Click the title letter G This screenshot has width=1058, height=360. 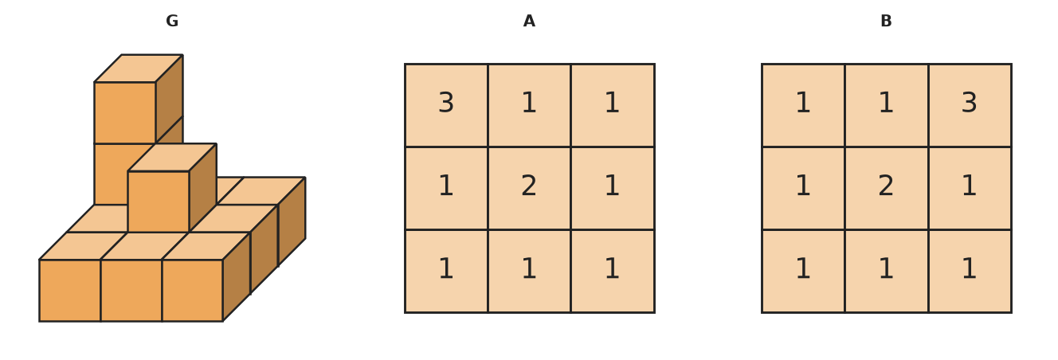pyautogui.click(x=172, y=21)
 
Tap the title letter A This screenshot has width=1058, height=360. pyautogui.click(x=529, y=21)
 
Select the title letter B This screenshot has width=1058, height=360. pyautogui.click(x=886, y=21)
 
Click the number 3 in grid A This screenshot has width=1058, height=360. pyautogui.click(x=446, y=103)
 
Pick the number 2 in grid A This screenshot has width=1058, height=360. pyautogui.click(x=529, y=186)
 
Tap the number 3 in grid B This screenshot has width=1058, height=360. pyautogui.click(x=970, y=103)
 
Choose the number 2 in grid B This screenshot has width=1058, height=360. pyautogui.click(x=886, y=186)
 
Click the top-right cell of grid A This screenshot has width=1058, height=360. pyautogui.click(x=613, y=105)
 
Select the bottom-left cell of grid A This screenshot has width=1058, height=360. pyautogui.click(x=446, y=271)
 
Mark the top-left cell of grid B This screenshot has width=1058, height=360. pyautogui.click(x=803, y=105)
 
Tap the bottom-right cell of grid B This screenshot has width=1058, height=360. pyautogui.click(x=970, y=271)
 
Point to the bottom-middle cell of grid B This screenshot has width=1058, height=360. pyautogui.click(x=887, y=271)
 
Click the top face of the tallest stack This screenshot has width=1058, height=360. pyautogui.click(x=139, y=68)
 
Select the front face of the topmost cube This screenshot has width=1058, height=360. pyautogui.click(x=125, y=113)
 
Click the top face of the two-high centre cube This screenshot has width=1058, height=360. pyautogui.click(x=172, y=158)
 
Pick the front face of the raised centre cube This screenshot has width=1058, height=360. pyautogui.click(x=159, y=202)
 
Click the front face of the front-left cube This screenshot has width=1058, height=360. pyautogui.click(x=70, y=291)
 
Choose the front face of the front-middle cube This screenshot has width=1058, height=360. pyautogui.click(x=131, y=291)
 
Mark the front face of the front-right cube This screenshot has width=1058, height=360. pyautogui.click(x=192, y=291)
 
